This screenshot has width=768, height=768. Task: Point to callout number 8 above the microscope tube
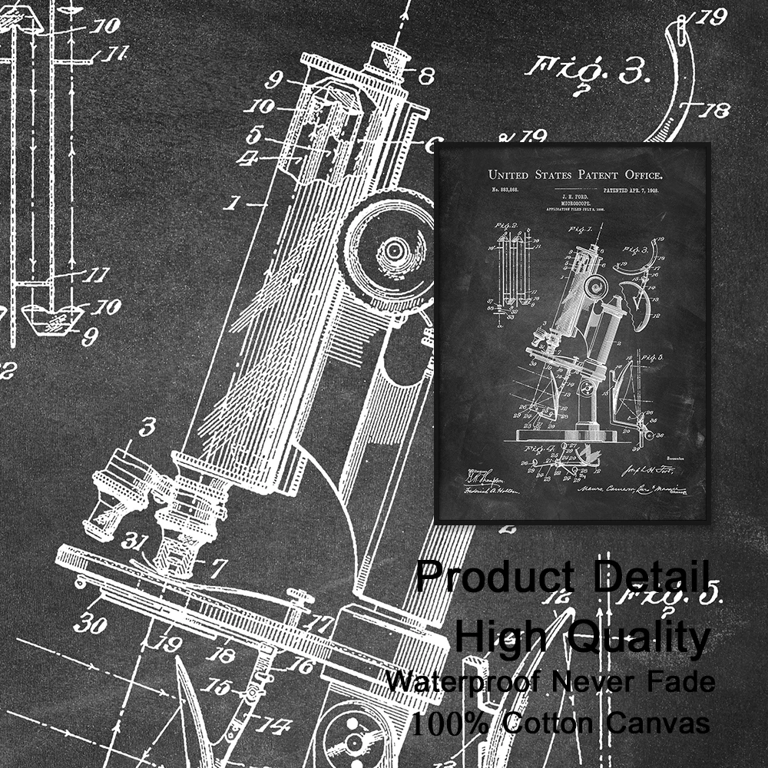tap(426, 76)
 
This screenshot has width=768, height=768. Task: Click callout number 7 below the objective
tap(219, 568)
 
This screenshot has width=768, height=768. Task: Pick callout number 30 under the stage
tap(90, 623)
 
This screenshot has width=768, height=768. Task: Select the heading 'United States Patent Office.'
tap(574, 175)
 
